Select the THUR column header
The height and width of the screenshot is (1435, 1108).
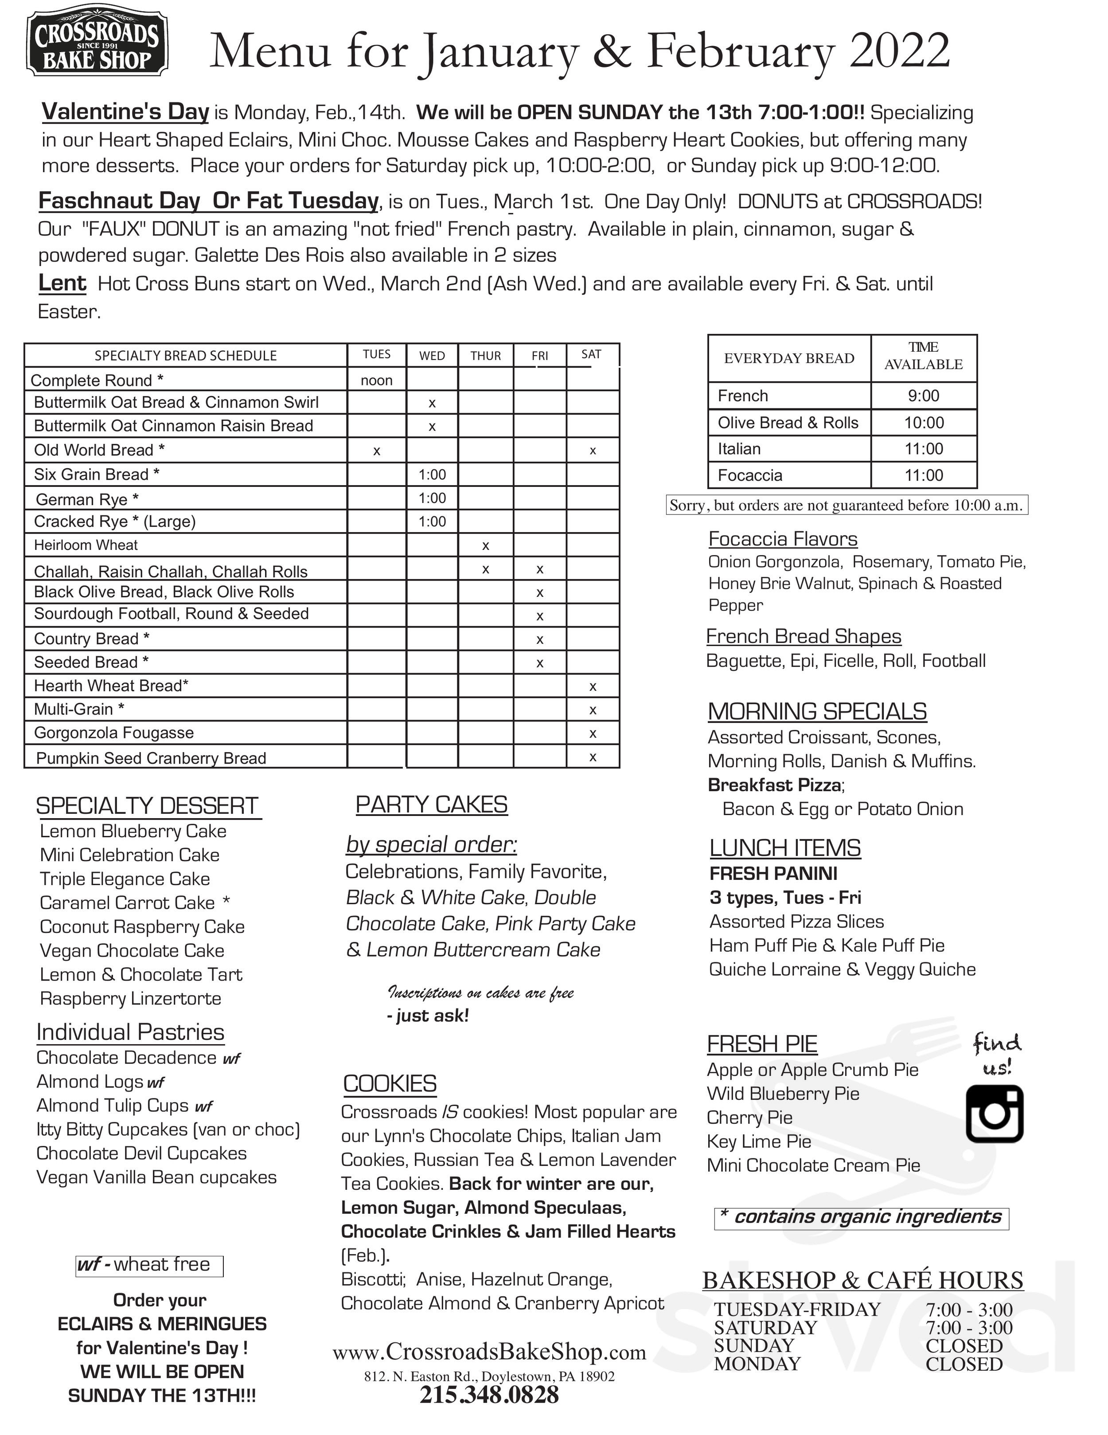pyautogui.click(x=485, y=356)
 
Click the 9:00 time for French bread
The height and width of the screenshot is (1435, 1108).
pyautogui.click(x=924, y=396)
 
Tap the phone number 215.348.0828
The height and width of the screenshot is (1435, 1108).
pyautogui.click(x=489, y=1394)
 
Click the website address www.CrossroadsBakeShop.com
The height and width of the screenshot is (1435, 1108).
pyautogui.click(x=489, y=1352)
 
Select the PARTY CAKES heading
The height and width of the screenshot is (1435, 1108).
pyautogui.click(x=432, y=805)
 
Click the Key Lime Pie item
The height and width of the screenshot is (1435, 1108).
pyautogui.click(x=759, y=1141)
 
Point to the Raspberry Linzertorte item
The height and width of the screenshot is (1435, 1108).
pyautogui.click(x=130, y=999)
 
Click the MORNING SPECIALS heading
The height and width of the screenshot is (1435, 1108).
pyautogui.click(x=817, y=712)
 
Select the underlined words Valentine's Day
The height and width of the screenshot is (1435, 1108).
pyautogui.click(x=125, y=112)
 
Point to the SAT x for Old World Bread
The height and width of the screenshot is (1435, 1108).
pyautogui.click(x=593, y=451)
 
